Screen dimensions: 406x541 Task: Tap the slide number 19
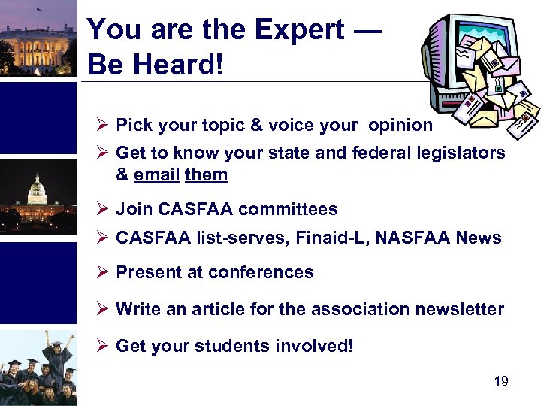(501, 382)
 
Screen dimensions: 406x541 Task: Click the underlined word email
(156, 174)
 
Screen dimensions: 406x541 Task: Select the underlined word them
(206, 174)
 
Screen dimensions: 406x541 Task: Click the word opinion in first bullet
(400, 125)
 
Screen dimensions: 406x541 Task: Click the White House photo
(38, 38)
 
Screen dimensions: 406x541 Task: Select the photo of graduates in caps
(38, 368)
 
